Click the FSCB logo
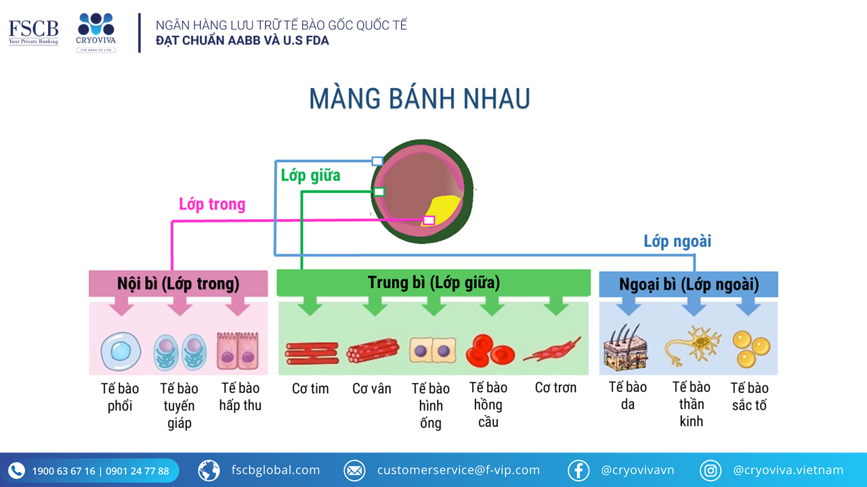point(34,32)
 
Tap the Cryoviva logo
point(96,32)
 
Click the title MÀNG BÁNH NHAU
point(419,99)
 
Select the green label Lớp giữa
point(310,175)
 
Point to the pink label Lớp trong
point(212,204)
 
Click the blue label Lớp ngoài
point(677,241)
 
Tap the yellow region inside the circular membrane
point(444,210)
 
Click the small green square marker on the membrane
point(379,191)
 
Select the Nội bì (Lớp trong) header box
point(178,283)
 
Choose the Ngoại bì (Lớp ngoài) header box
point(689,284)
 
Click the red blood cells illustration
point(490,351)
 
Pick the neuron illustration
point(693,345)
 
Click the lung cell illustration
point(121,351)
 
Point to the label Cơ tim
point(310,388)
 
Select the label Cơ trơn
point(555,388)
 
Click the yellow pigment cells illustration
point(751,349)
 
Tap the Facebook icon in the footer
point(578,470)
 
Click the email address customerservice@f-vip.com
point(459,470)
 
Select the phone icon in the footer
point(16,470)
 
